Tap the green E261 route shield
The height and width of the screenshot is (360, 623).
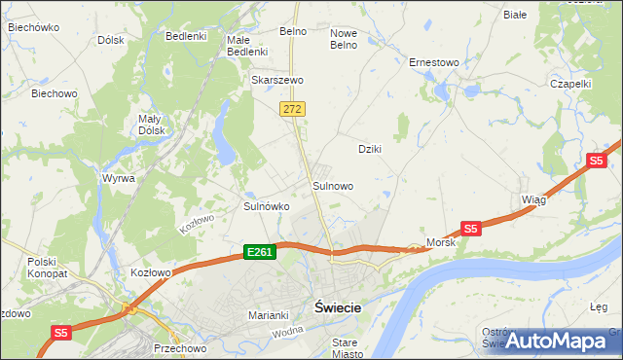260,252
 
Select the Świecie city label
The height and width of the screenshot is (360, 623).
338,307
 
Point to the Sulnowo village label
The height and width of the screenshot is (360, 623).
332,185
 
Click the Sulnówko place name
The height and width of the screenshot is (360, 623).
266,206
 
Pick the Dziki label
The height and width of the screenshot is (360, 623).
369,149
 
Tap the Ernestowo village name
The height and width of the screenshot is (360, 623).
433,62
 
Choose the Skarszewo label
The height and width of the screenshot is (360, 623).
278,80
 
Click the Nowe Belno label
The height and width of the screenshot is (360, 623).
344,38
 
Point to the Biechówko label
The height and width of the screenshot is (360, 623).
34,27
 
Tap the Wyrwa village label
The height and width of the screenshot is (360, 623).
118,179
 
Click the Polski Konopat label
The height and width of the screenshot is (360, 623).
45,268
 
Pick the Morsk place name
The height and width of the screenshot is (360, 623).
441,241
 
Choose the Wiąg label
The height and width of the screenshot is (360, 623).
533,198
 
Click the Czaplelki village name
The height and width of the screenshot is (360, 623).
570,84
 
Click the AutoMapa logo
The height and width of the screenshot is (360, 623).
556,341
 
